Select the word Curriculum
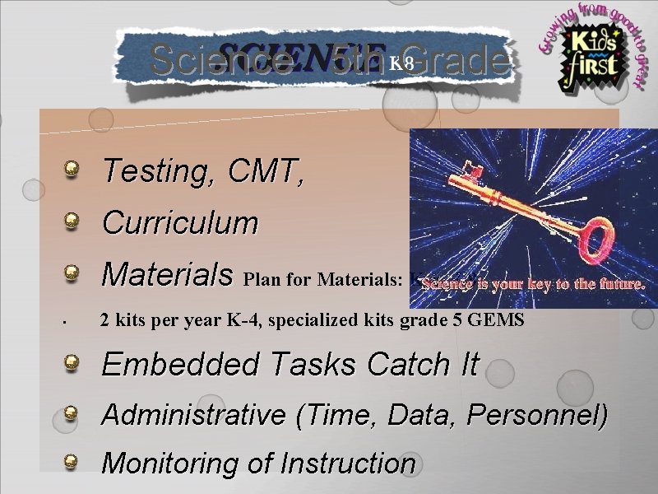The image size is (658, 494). point(179,222)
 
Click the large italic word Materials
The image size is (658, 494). point(167,273)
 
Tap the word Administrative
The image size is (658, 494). point(194,415)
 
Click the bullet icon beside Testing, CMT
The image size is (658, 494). point(73,170)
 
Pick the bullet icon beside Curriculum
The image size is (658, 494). point(73,220)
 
